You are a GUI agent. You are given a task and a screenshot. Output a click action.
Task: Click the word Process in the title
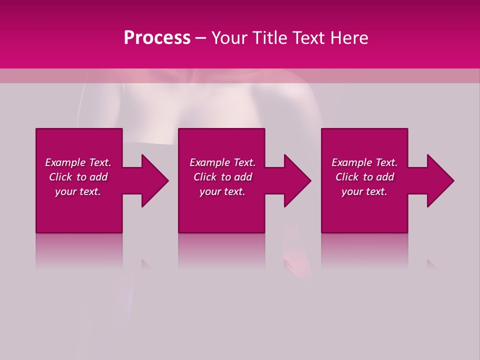click(157, 38)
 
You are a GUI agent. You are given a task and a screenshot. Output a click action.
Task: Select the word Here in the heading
click(348, 38)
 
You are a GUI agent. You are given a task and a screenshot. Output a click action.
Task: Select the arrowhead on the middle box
click(297, 180)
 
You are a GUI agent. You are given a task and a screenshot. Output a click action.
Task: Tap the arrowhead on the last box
click(440, 180)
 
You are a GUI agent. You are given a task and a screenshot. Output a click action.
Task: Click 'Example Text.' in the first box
click(78, 162)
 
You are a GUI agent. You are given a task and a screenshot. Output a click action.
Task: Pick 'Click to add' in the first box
click(78, 177)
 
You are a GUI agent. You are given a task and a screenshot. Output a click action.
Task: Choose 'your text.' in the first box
click(78, 191)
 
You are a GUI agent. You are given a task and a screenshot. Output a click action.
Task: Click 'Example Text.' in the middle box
click(222, 162)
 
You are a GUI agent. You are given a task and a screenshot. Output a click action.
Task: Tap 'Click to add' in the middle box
click(222, 177)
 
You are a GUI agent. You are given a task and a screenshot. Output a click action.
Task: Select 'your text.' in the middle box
click(222, 191)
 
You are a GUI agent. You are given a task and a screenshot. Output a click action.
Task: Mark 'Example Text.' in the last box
click(364, 162)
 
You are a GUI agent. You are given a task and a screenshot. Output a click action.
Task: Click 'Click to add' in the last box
click(364, 177)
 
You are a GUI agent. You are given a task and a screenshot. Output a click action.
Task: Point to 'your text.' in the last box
click(364, 191)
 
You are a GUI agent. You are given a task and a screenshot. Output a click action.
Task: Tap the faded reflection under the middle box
click(221, 250)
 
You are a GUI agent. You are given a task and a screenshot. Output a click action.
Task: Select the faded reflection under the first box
click(79, 250)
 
